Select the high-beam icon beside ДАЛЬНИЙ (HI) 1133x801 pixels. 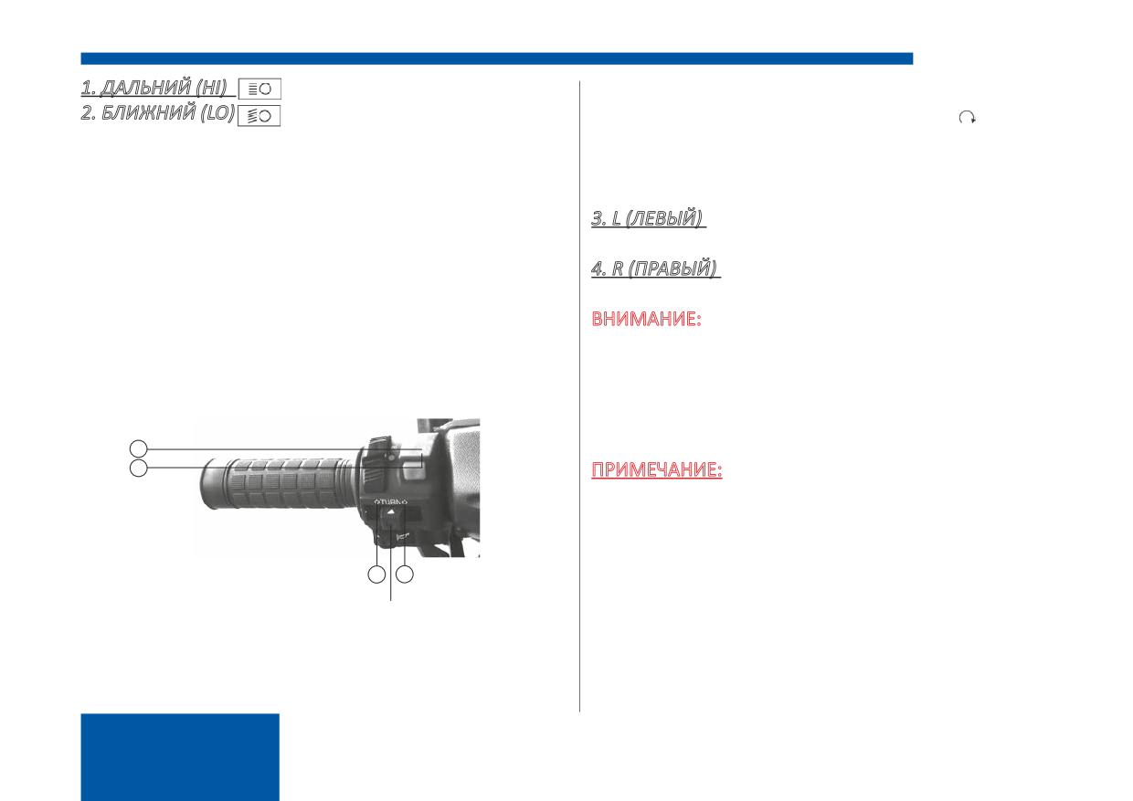tap(259, 89)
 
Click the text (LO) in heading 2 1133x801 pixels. tap(218, 112)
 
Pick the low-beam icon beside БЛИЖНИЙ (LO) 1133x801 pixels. tap(259, 116)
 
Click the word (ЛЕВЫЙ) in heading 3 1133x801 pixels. tap(663, 218)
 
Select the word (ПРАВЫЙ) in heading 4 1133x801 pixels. tap(672, 268)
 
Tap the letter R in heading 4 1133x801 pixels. tap(617, 268)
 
